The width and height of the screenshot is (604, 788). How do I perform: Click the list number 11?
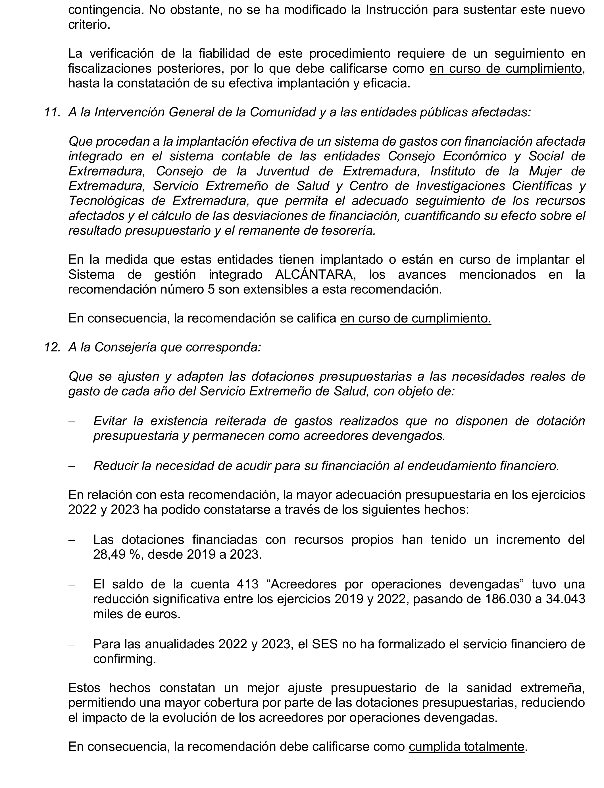tap(51, 112)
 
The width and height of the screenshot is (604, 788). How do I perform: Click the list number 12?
tap(51, 347)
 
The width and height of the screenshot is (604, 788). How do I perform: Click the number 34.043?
tap(565, 599)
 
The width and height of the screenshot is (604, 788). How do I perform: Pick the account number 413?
tap(248, 584)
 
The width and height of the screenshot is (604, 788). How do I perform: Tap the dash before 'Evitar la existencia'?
tap(72, 422)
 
